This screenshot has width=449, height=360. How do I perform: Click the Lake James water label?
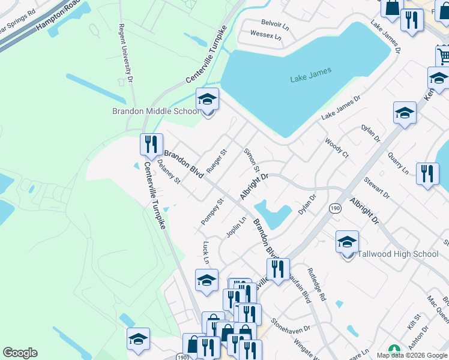click(311, 78)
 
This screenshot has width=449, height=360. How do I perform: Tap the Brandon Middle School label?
click(155, 111)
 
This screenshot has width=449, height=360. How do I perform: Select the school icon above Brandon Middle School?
click(208, 99)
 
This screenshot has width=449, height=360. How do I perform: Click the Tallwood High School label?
click(398, 254)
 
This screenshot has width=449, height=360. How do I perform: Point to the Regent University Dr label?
click(125, 53)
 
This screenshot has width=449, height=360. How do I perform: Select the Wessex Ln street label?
click(265, 35)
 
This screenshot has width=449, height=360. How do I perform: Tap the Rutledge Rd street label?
click(316, 284)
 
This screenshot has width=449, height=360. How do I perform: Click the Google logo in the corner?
click(20, 353)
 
